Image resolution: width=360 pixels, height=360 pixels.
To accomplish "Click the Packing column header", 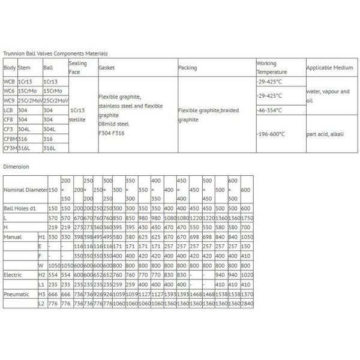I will pos(187,68).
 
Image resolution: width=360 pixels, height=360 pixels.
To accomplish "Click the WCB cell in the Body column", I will pos(9,81).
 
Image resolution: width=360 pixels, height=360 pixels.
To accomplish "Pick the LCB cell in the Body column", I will pos(9,110).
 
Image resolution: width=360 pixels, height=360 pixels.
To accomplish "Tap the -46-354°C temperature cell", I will pos(268,111).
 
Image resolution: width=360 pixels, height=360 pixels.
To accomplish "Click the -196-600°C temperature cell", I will pos(271,134).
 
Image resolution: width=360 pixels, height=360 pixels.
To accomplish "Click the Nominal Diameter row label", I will pos(25,190).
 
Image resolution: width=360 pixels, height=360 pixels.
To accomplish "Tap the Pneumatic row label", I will pos(17,294).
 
